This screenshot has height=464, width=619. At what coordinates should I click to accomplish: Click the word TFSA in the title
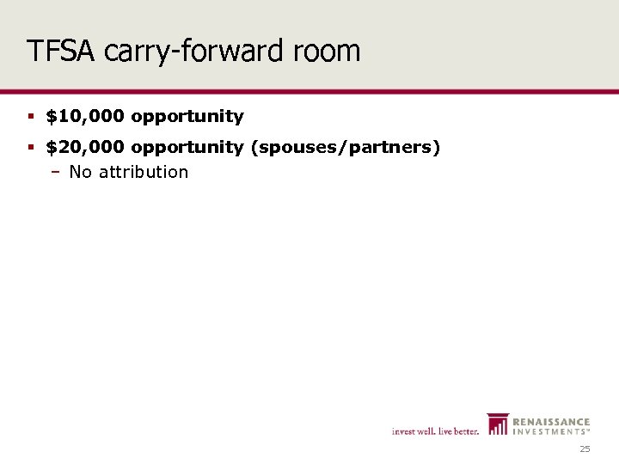pyautogui.click(x=61, y=51)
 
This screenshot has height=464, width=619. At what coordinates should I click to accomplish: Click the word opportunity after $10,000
pyautogui.click(x=187, y=116)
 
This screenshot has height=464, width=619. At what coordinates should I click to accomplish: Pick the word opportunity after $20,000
pyautogui.click(x=187, y=148)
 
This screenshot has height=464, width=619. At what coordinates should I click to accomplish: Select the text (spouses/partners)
pyautogui.click(x=346, y=148)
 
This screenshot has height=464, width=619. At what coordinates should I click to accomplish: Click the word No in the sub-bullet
pyautogui.click(x=80, y=172)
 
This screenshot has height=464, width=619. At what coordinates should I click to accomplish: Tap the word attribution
pyautogui.click(x=144, y=172)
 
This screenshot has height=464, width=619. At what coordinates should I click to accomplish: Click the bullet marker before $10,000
pyautogui.click(x=31, y=116)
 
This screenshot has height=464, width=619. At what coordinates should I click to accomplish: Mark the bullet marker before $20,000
pyautogui.click(x=31, y=148)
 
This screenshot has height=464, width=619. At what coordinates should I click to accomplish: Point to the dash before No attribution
pyautogui.click(x=54, y=172)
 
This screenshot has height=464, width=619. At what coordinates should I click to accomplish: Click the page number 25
pyautogui.click(x=585, y=449)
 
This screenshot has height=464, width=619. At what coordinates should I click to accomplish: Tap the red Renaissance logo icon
pyautogui.click(x=498, y=424)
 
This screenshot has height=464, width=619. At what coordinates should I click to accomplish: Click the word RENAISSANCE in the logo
pyautogui.click(x=551, y=422)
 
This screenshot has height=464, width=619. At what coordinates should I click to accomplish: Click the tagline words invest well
pyautogui.click(x=413, y=431)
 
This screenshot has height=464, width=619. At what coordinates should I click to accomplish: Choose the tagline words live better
pyautogui.click(x=457, y=431)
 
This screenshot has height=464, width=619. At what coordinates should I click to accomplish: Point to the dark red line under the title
pyautogui.click(x=309, y=90)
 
